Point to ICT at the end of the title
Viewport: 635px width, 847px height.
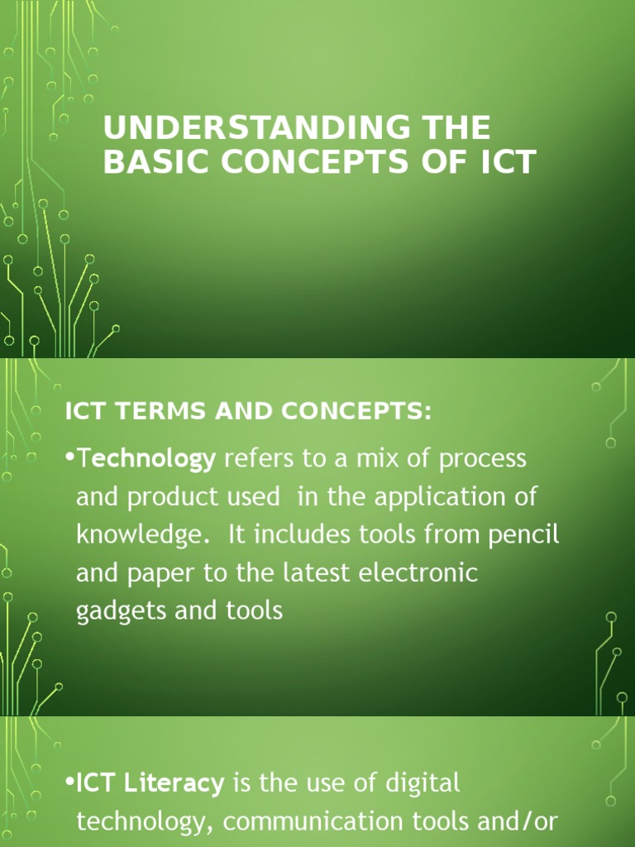click(x=506, y=162)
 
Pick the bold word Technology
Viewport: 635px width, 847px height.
click(x=146, y=459)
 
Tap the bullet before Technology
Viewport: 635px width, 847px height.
click(x=71, y=459)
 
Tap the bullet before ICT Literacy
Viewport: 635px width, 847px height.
click(x=71, y=783)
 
